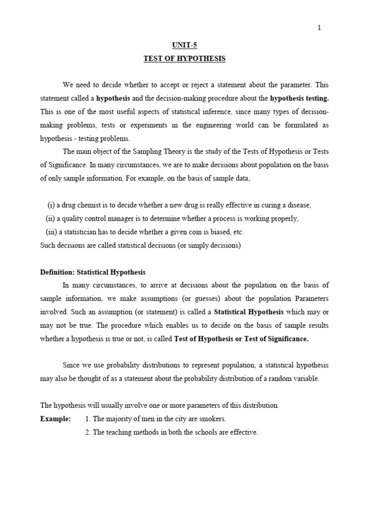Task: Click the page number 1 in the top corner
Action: (x=319, y=28)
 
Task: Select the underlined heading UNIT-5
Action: (x=185, y=45)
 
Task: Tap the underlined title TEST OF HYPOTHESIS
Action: (x=185, y=59)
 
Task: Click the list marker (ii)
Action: (x=50, y=219)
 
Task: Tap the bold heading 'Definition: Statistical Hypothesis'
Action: (x=93, y=272)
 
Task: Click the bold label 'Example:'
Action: (x=55, y=419)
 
